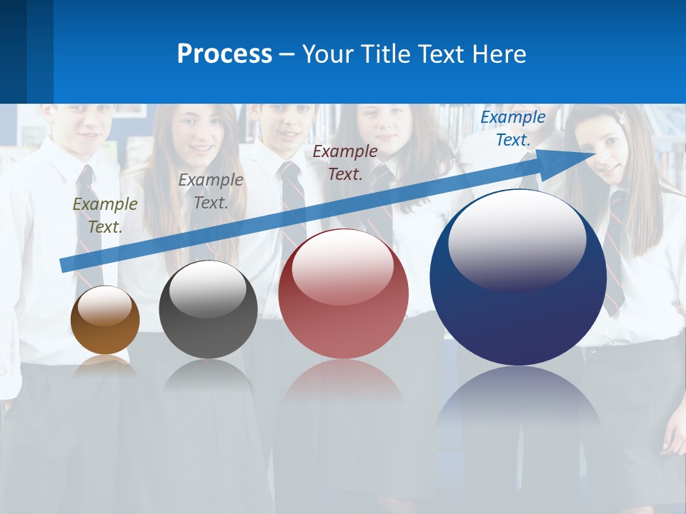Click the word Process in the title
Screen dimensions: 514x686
coord(224,54)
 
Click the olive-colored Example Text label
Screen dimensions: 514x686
coord(105,216)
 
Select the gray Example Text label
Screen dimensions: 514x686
coord(211,191)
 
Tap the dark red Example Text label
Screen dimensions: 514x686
coord(345,162)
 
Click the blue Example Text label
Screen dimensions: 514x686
coord(513,128)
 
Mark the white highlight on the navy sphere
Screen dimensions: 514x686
coord(517,239)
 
